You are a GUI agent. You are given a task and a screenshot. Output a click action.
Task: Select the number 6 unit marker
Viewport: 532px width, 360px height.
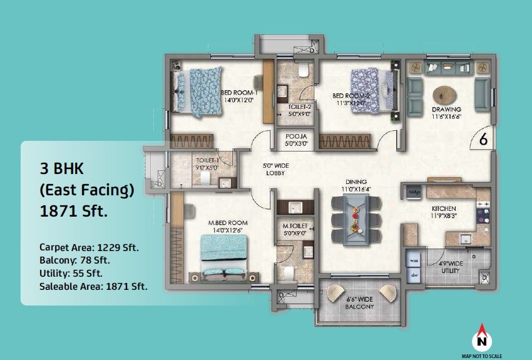point(483,140)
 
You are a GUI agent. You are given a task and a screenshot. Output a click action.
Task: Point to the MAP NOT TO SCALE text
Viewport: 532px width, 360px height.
point(481,355)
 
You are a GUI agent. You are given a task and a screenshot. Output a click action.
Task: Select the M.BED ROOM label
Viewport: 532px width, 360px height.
point(228,223)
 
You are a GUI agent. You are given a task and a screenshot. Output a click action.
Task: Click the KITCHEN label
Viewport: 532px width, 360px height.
point(443,208)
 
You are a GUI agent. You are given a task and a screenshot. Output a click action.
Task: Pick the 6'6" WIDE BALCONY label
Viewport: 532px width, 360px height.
point(359,303)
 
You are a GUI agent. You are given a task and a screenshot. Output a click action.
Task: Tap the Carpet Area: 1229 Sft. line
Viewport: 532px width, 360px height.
point(89,247)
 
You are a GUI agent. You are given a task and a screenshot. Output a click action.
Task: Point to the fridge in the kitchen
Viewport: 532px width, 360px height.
point(414,191)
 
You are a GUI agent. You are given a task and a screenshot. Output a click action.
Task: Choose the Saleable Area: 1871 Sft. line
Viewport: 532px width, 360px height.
point(93,286)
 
